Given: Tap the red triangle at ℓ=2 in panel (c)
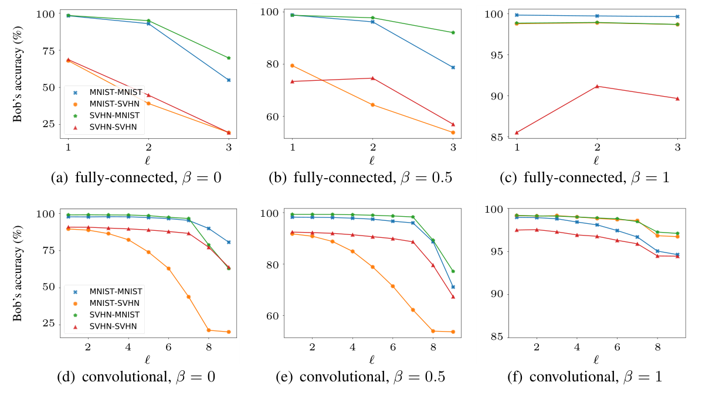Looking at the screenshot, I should coord(597,86).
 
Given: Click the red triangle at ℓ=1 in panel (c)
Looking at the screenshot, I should coord(517,132).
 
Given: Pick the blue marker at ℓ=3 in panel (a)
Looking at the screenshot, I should coord(229,80).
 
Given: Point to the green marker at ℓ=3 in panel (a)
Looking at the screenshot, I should coord(229,58).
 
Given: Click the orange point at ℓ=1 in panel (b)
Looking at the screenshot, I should coord(292,66).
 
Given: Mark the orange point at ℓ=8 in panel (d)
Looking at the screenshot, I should coord(208,330).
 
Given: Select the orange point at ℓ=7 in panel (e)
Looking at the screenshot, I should coord(413,309).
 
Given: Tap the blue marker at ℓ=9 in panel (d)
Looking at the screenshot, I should coord(229,242).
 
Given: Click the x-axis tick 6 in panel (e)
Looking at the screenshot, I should coord(393,346).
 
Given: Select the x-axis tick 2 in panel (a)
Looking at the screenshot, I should coord(148,147).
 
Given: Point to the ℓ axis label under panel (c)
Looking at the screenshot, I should coord(596,159).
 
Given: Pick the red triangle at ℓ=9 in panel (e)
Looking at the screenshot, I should coord(453,296).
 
